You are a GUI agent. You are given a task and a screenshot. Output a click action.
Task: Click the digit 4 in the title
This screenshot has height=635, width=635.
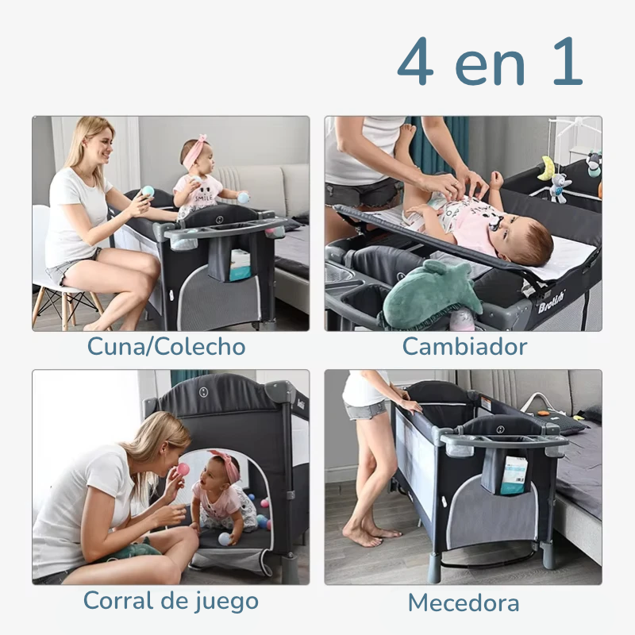click(x=415, y=63)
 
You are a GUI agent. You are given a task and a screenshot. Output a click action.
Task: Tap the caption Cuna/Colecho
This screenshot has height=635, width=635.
click(x=166, y=347)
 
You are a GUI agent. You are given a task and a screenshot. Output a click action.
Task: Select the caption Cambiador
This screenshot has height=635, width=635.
click(x=464, y=347)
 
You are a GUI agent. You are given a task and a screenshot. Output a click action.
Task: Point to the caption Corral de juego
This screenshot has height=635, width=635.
click(x=171, y=601)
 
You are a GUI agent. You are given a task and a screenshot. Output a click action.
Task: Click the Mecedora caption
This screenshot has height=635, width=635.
click(x=464, y=602)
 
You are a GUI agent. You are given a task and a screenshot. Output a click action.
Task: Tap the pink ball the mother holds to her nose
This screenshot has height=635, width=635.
click(x=183, y=469)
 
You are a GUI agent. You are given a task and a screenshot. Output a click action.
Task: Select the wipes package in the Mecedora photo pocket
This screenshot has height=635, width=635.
click(x=513, y=475)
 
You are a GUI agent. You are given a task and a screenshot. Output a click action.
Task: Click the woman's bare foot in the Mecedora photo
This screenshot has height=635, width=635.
click(x=364, y=537)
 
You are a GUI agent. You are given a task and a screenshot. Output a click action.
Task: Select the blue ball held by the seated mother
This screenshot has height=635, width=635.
click(x=148, y=190)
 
